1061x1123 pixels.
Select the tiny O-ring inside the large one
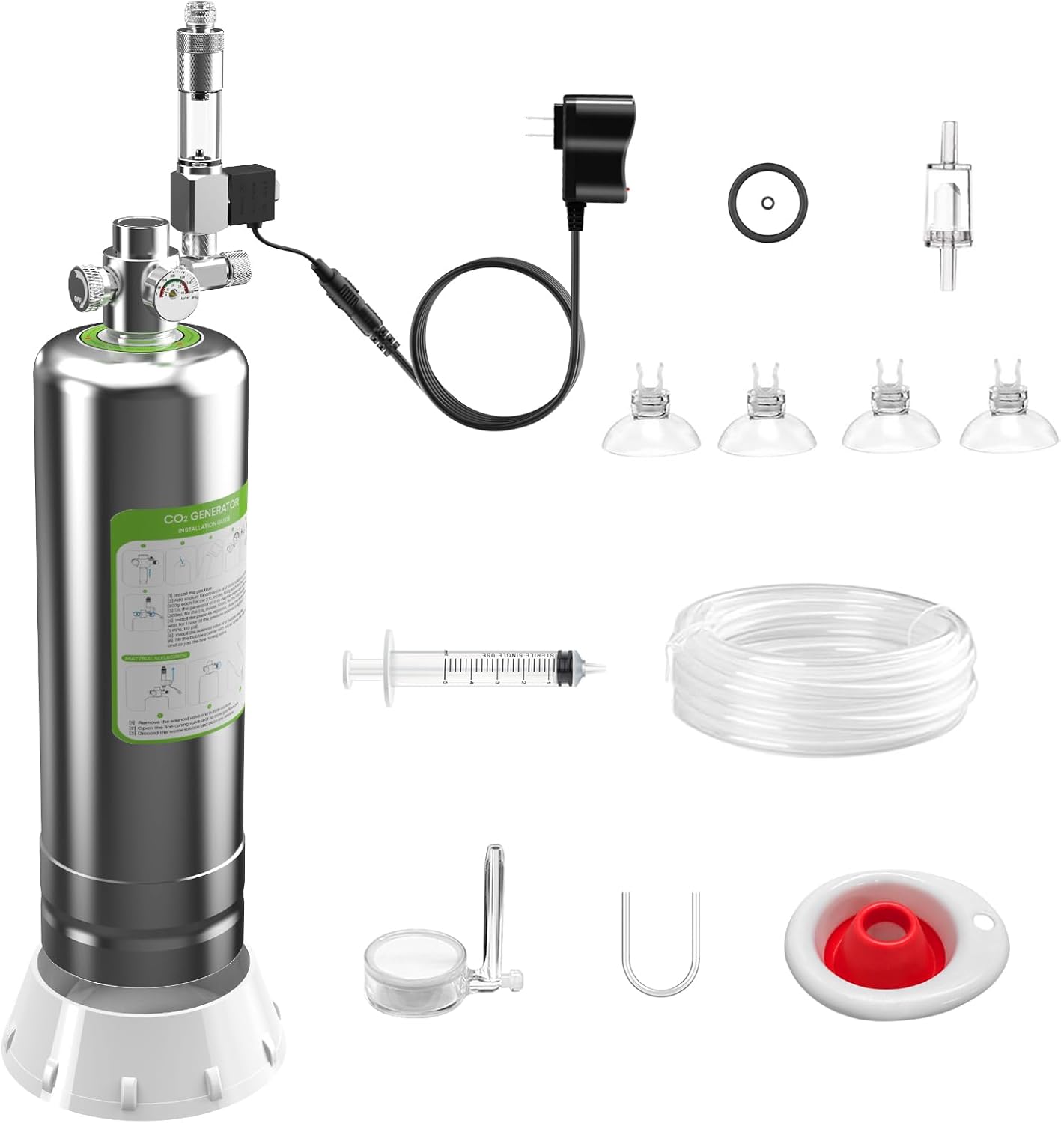pos(766,202)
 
